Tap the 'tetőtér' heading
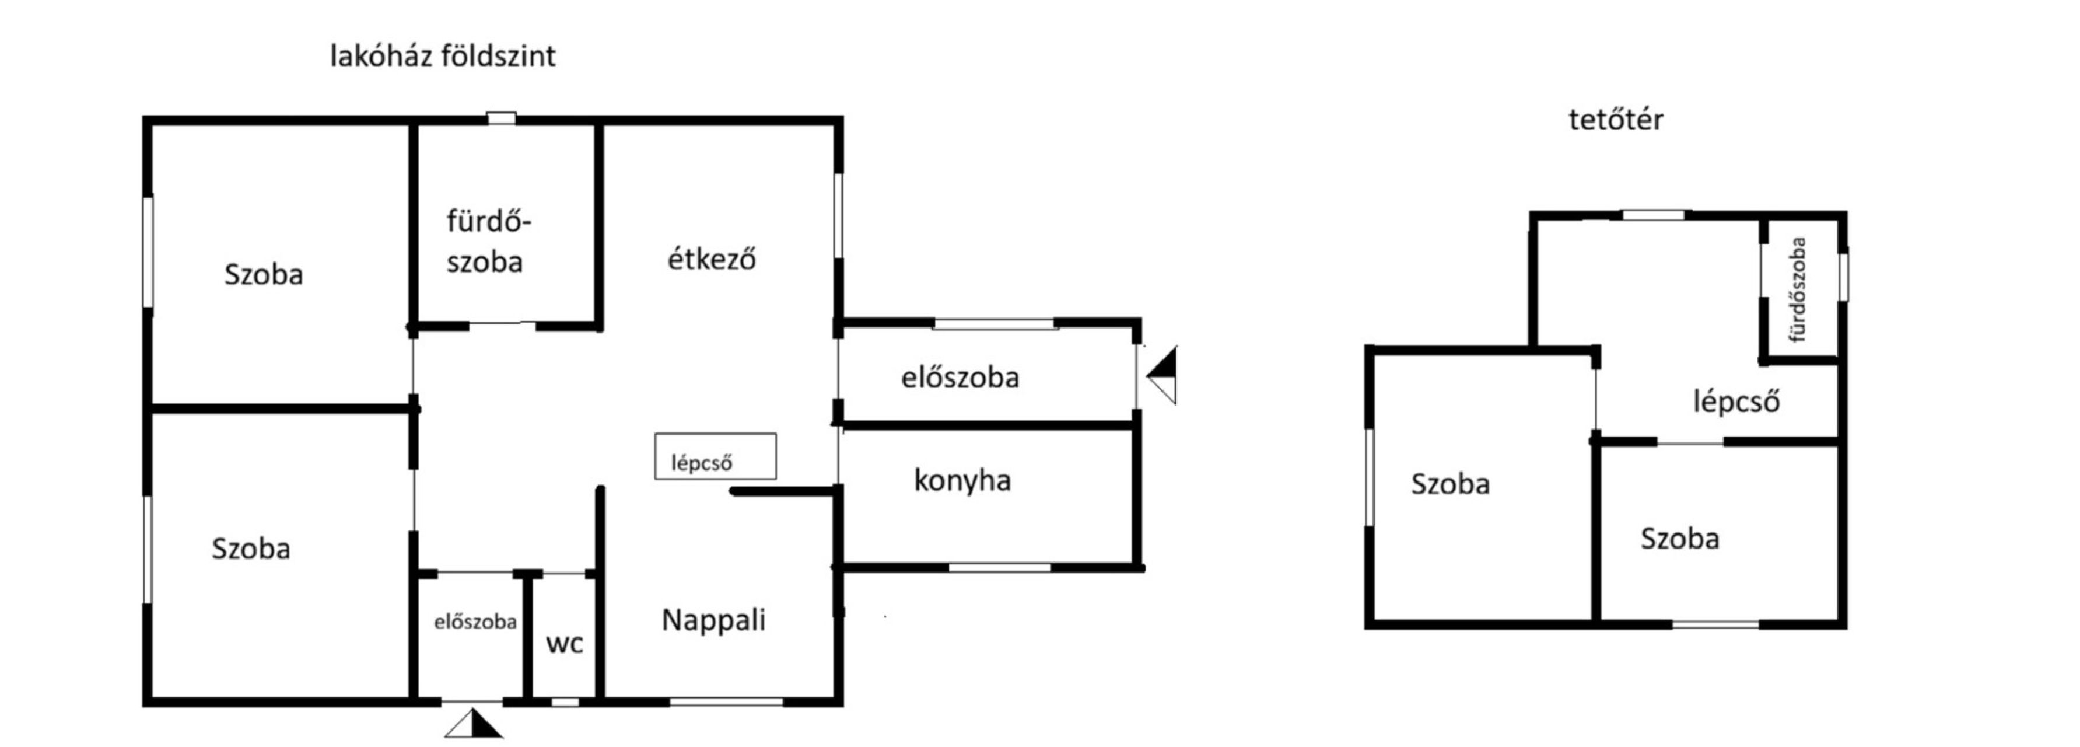pyautogui.click(x=1616, y=120)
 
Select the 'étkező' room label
pyautogui.click(x=712, y=259)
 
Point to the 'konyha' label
pyautogui.click(x=962, y=480)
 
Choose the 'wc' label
pyautogui.click(x=565, y=644)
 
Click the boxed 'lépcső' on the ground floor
pyautogui.click(x=702, y=463)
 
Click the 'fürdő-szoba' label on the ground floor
pyautogui.click(x=487, y=240)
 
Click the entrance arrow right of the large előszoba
pyautogui.click(x=1162, y=375)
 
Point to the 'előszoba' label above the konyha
pyautogui.click(x=960, y=377)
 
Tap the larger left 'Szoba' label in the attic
pyautogui.click(x=1449, y=484)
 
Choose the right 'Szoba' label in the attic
pyautogui.click(x=1679, y=539)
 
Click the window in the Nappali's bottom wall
pyautogui.click(x=727, y=702)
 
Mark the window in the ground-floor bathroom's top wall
pyautogui.click(x=502, y=118)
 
